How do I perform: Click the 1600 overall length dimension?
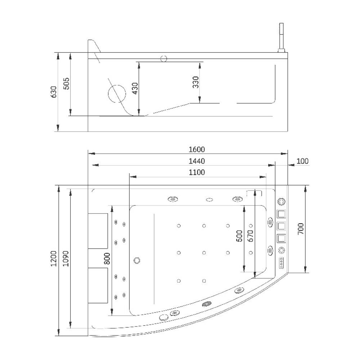(x=197, y=149)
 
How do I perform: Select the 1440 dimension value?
(x=197, y=161)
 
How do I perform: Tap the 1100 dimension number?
(x=197, y=172)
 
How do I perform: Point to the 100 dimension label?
(x=302, y=161)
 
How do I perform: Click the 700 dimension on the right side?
(x=301, y=229)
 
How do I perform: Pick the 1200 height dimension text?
(x=53, y=258)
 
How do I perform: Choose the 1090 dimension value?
(x=66, y=258)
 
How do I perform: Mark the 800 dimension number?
(x=107, y=258)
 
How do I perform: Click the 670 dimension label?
(x=251, y=236)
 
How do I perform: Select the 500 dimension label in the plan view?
(x=239, y=236)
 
